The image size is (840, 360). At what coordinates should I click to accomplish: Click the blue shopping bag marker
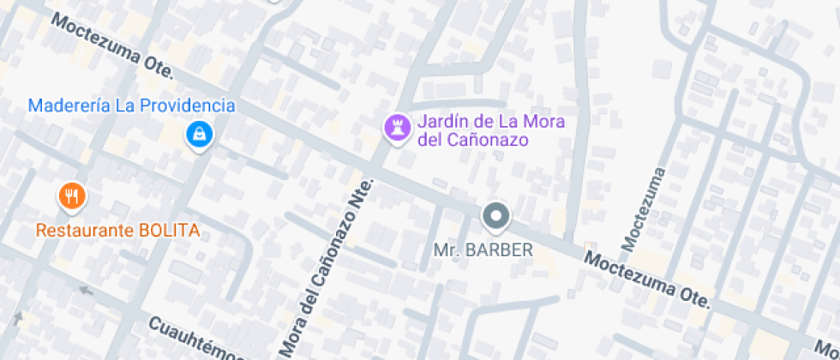click(199, 134)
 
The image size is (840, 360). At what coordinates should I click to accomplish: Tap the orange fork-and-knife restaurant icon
click(72, 197)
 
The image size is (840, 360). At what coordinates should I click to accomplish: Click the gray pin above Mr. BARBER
click(496, 216)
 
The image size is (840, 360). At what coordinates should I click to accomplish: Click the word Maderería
click(69, 106)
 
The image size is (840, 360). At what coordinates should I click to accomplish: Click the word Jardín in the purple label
click(440, 122)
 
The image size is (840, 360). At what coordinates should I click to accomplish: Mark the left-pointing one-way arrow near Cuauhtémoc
click(85, 290)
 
